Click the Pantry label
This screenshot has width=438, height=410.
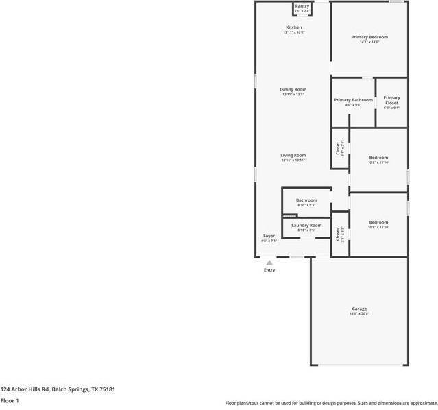[x=302, y=6]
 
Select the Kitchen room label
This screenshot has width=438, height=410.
[x=293, y=27]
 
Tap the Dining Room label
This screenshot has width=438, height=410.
[x=293, y=89]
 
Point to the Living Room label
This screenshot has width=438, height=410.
[x=293, y=155]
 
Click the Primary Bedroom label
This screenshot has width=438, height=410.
[x=369, y=37]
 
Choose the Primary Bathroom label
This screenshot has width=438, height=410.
[x=353, y=100]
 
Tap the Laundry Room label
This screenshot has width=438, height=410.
[x=306, y=225]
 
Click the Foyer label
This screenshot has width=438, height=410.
[x=269, y=236]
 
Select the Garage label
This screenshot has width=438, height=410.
[x=359, y=309]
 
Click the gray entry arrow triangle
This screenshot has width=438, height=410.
[x=269, y=262]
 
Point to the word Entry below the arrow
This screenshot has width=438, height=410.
[x=269, y=269]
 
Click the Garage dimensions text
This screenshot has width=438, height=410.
[x=359, y=314]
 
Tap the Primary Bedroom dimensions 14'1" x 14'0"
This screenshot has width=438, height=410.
[x=369, y=42]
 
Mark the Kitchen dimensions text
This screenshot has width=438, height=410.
[x=293, y=32]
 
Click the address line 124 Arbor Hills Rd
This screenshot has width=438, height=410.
[x=58, y=389]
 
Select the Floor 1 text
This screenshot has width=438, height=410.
[x=10, y=400]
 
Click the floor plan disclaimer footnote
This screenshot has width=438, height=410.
[x=331, y=402]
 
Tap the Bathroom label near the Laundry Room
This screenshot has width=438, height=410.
[x=306, y=200]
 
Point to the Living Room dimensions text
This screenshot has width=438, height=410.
[x=293, y=160]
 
